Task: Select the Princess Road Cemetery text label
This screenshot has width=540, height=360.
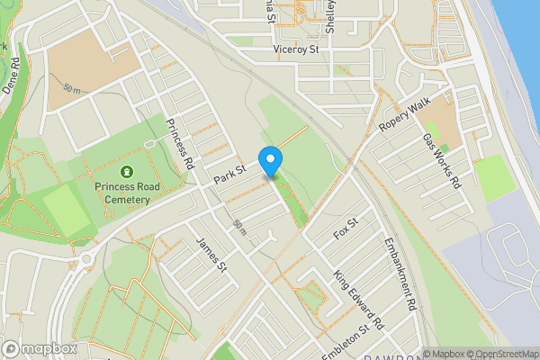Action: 127,193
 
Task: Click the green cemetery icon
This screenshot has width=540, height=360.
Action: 127,170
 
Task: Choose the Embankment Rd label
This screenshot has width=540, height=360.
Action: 400,274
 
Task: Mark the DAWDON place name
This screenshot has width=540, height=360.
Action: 391,355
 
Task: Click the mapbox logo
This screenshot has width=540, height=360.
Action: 40,348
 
